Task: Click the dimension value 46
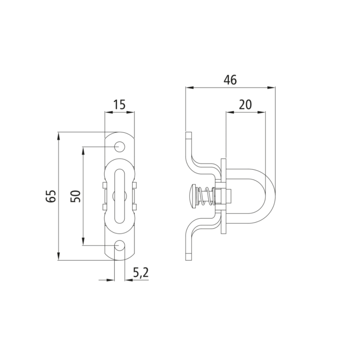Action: coord(230,80)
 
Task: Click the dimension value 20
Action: coord(245,105)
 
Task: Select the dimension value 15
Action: coord(120,105)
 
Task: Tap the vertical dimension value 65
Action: coord(51,196)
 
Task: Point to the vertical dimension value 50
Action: coord(76,196)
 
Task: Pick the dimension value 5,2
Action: coord(141,273)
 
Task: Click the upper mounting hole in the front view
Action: coord(120,147)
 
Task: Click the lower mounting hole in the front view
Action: coord(120,246)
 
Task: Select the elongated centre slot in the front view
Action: coord(120,196)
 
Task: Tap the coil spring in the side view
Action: coord(207,196)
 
